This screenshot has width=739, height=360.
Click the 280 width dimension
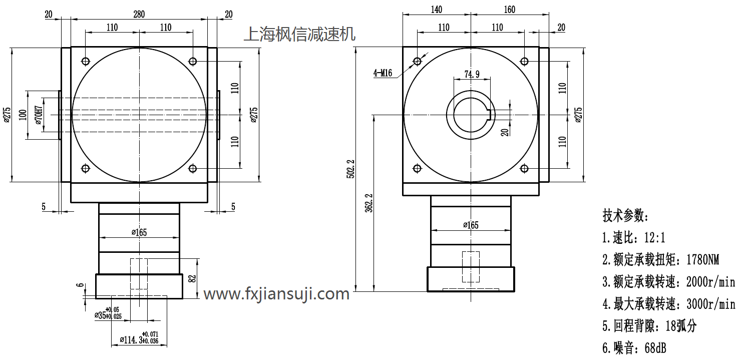coord(139,14)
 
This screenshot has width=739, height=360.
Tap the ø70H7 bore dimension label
coord(39,115)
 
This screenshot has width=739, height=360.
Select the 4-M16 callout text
coord(383,73)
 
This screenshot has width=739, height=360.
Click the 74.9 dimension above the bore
coord(472,74)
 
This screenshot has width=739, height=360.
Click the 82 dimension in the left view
coord(193,278)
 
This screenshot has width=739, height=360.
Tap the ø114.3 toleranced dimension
coord(139,337)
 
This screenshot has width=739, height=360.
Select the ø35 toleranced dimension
coord(108,313)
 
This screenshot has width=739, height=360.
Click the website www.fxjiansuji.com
coord(276,294)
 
